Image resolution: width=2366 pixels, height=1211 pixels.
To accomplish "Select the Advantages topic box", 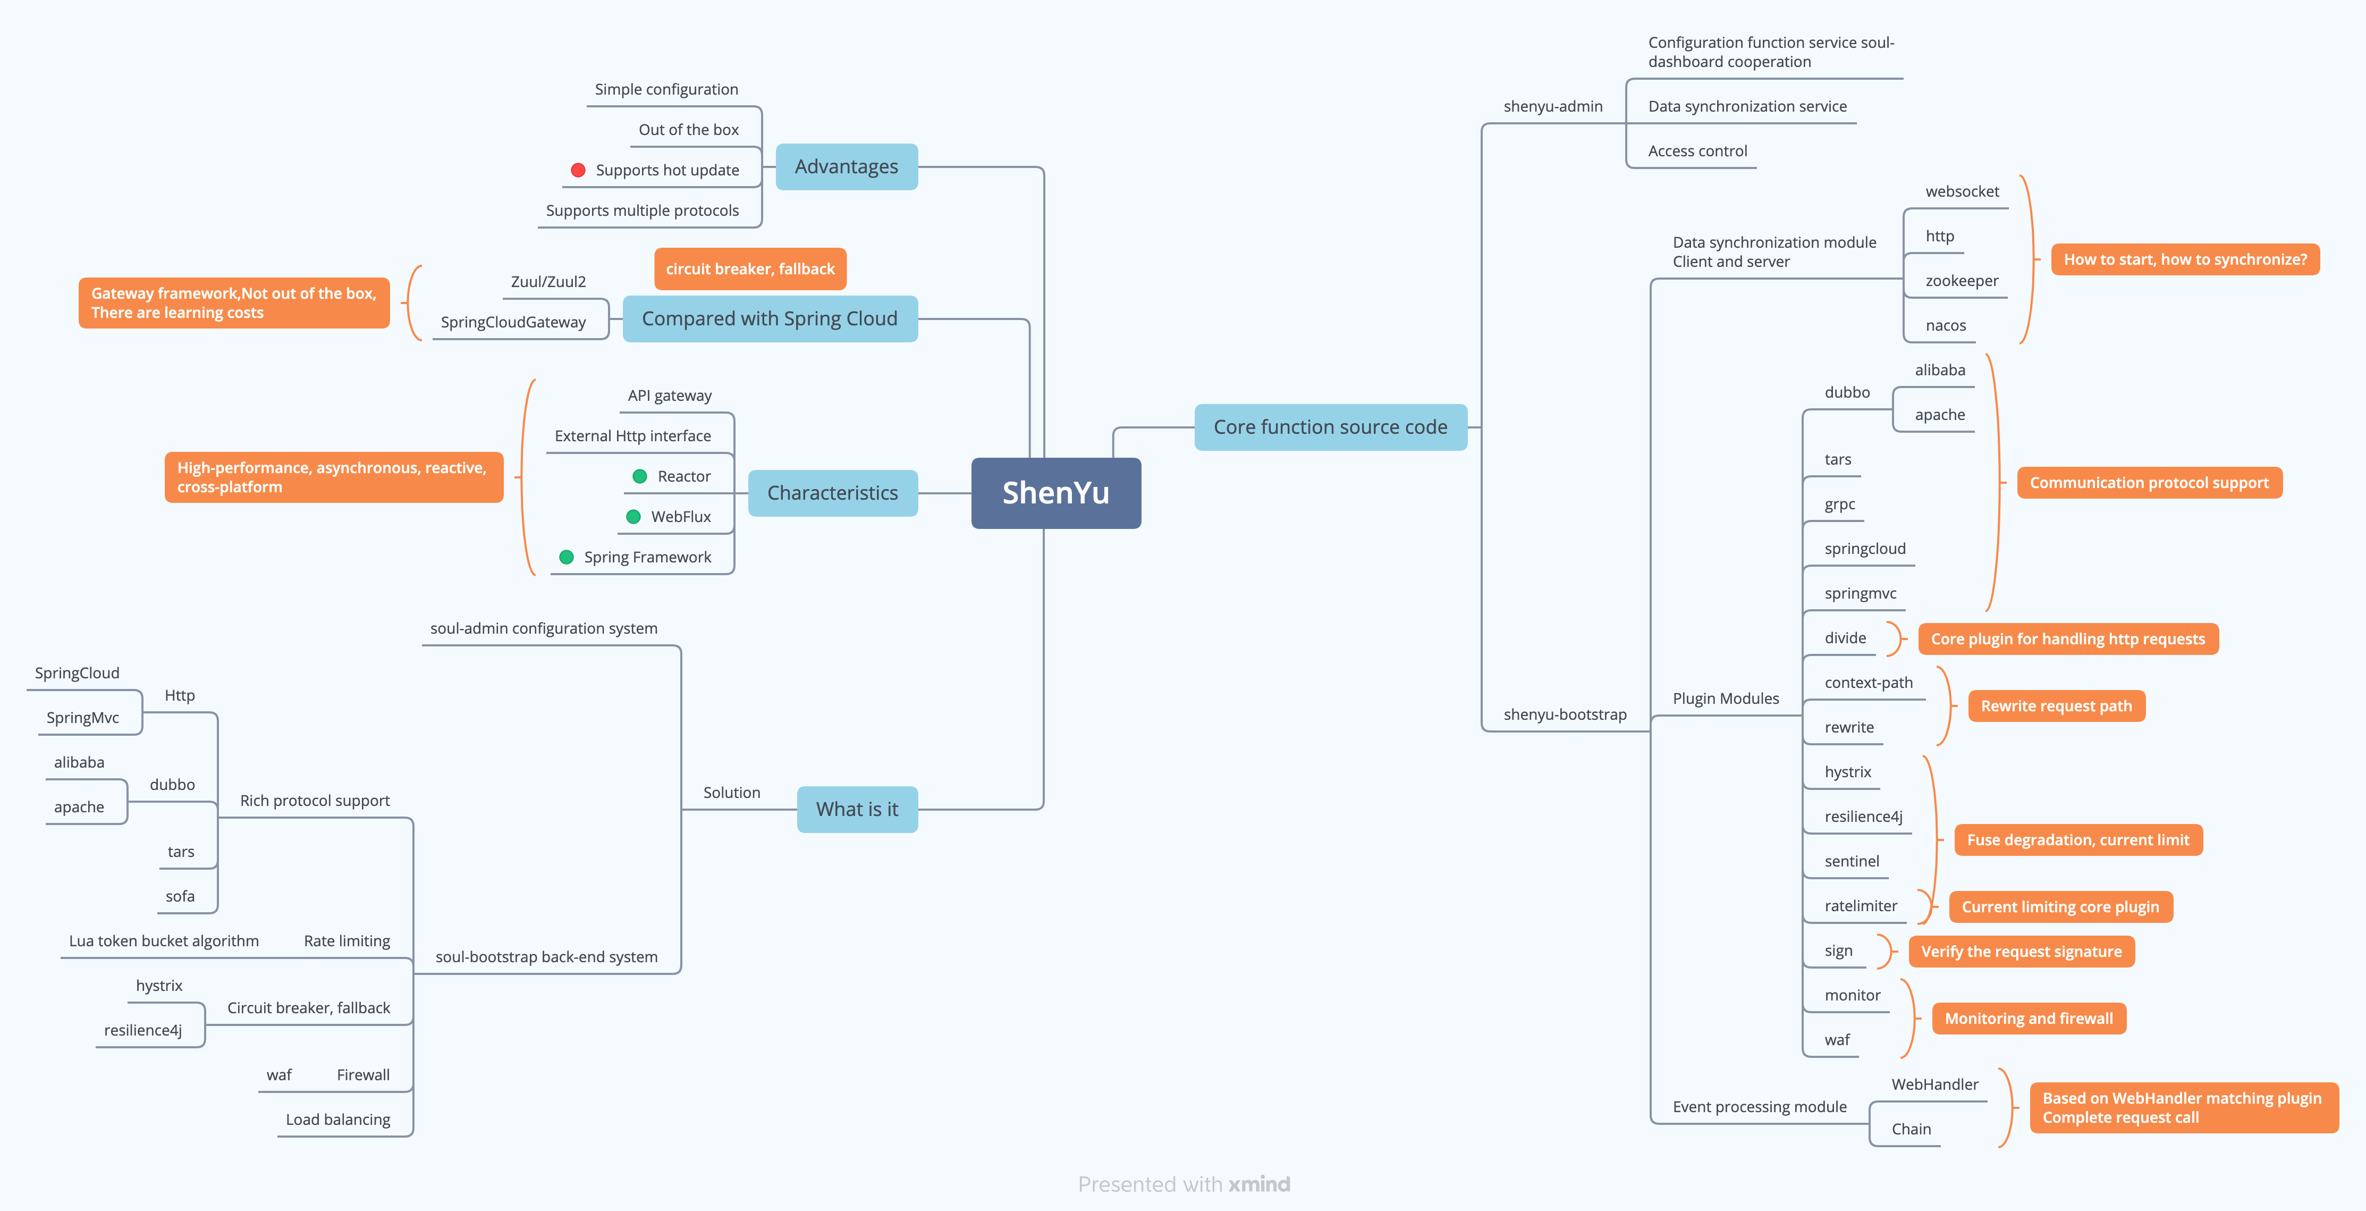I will click(x=846, y=166).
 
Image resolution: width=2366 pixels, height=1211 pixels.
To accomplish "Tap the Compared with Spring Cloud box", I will click(x=770, y=319).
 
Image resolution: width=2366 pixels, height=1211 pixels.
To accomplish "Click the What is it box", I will click(x=857, y=810).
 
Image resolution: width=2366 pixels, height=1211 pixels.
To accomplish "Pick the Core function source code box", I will click(x=1330, y=427).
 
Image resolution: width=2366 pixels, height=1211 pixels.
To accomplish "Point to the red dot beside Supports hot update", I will click(x=578, y=170).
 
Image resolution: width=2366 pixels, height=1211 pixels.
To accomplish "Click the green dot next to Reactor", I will click(x=640, y=476).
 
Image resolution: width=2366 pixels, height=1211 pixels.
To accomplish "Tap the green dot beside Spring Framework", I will click(x=567, y=557).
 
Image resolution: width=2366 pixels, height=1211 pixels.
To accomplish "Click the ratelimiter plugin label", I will click(x=1860, y=906).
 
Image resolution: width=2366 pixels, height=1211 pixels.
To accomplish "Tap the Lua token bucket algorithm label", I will click(x=164, y=941).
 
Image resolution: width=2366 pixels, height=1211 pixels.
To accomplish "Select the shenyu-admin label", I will click(x=1552, y=106).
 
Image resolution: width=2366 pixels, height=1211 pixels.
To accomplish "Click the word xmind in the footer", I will click(x=1259, y=1184).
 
